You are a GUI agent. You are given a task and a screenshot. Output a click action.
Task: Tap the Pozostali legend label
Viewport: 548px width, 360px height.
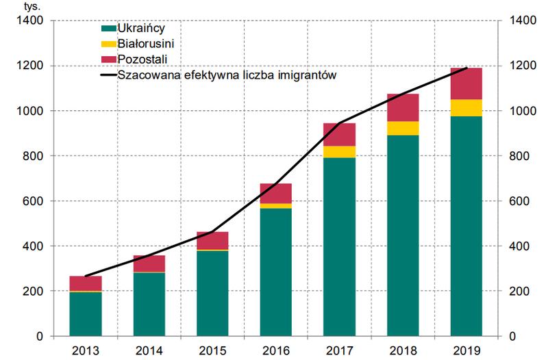(x=142, y=60)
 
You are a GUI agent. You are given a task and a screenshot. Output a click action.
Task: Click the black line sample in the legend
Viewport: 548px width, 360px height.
(x=108, y=75)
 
